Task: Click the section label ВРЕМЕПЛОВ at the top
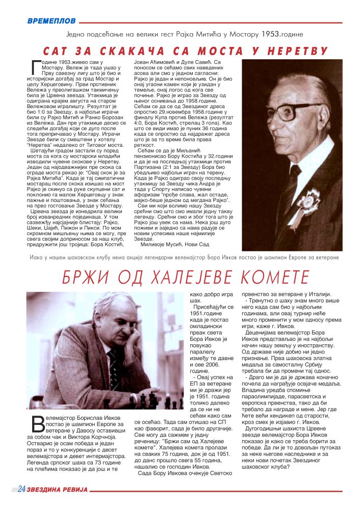[52, 21]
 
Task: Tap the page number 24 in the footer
[21, 490]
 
